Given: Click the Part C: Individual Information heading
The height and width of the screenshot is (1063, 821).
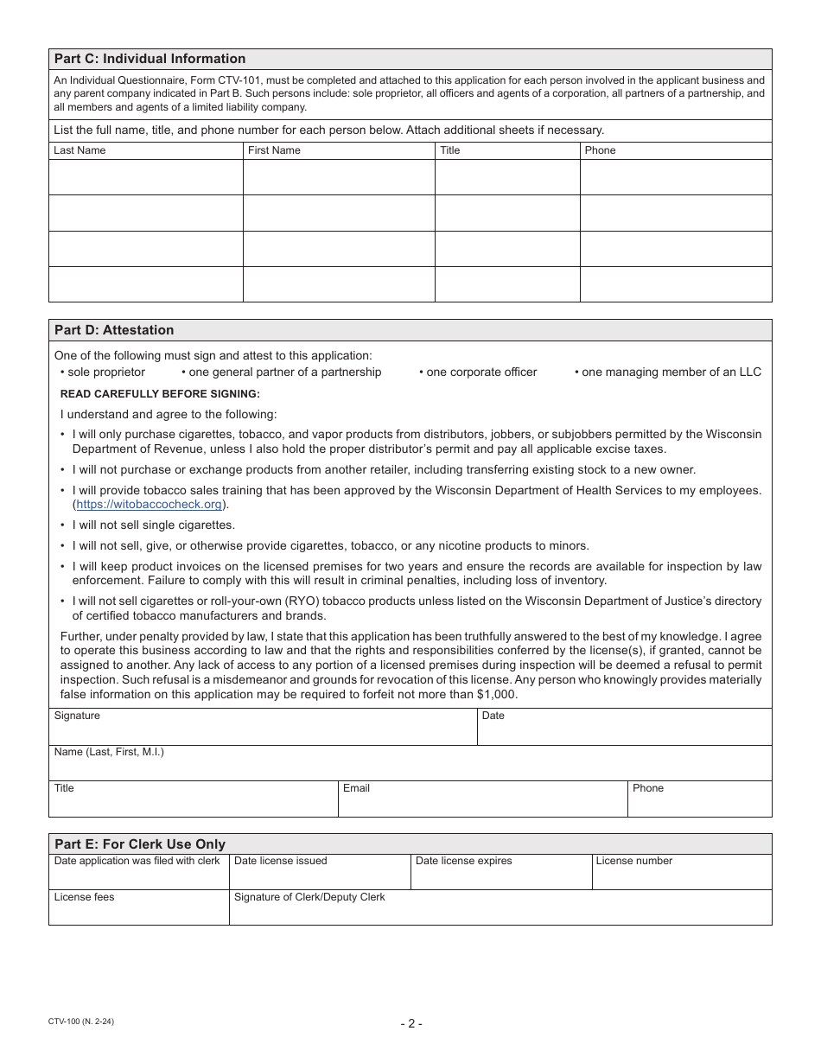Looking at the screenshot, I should (150, 59).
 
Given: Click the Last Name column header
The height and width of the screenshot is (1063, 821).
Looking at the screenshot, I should (80, 150).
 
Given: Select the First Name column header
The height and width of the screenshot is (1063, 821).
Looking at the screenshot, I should (274, 150).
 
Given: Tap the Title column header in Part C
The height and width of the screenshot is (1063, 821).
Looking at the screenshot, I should (450, 150).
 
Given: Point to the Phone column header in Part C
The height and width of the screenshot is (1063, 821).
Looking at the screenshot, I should (600, 150).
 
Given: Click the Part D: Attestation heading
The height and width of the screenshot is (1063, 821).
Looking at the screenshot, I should (114, 330).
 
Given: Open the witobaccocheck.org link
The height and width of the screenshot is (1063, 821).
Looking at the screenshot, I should (149, 505).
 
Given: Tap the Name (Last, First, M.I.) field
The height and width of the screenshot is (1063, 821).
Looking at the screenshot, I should (410, 767).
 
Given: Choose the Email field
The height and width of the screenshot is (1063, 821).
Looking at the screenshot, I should (482, 804).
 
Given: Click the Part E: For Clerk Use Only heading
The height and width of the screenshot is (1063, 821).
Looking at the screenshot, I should (140, 844).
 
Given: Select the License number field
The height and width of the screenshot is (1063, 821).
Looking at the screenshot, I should (681, 876).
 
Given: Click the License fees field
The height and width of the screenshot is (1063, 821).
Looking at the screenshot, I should (138, 912).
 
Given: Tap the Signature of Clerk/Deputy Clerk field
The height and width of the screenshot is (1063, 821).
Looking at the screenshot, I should (500, 912).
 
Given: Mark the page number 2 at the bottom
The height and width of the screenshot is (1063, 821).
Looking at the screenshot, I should (411, 1024).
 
